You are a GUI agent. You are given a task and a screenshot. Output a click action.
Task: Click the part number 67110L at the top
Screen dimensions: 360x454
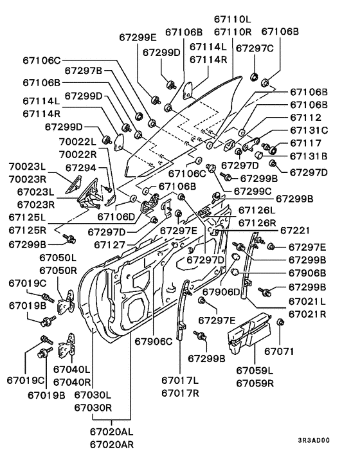coord(233,19)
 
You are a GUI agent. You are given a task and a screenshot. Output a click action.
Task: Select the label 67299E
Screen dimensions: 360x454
coord(138,37)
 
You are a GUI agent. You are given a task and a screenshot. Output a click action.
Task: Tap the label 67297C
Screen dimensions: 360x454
coord(255,48)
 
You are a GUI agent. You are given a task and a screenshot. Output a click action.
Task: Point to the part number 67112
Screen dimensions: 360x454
coord(305,117)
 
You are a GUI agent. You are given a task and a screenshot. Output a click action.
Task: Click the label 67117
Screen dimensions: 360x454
coord(305,143)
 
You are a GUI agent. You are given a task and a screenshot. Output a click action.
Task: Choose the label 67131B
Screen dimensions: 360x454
coord(309,156)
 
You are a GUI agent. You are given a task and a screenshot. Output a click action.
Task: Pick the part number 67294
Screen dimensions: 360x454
coord(81,168)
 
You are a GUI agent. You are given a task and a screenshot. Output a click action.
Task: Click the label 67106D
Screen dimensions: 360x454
coord(116,217)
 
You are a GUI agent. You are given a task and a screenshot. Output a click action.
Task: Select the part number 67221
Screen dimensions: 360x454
coord(295,230)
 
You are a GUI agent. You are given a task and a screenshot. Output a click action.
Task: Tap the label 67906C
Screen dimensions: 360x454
coord(154,341)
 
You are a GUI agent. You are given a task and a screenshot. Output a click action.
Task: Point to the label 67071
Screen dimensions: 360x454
coord(279,351)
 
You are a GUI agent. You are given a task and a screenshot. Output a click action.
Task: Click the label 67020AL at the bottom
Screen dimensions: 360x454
coord(112,431)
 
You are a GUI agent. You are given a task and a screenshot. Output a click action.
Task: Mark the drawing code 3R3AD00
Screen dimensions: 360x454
coord(314,440)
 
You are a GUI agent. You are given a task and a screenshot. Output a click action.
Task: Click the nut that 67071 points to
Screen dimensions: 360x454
coord(280,322)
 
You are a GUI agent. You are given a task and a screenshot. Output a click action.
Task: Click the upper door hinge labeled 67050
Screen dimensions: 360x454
coord(67,303)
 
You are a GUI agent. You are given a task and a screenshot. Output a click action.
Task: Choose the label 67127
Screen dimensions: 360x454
coord(109,244)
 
